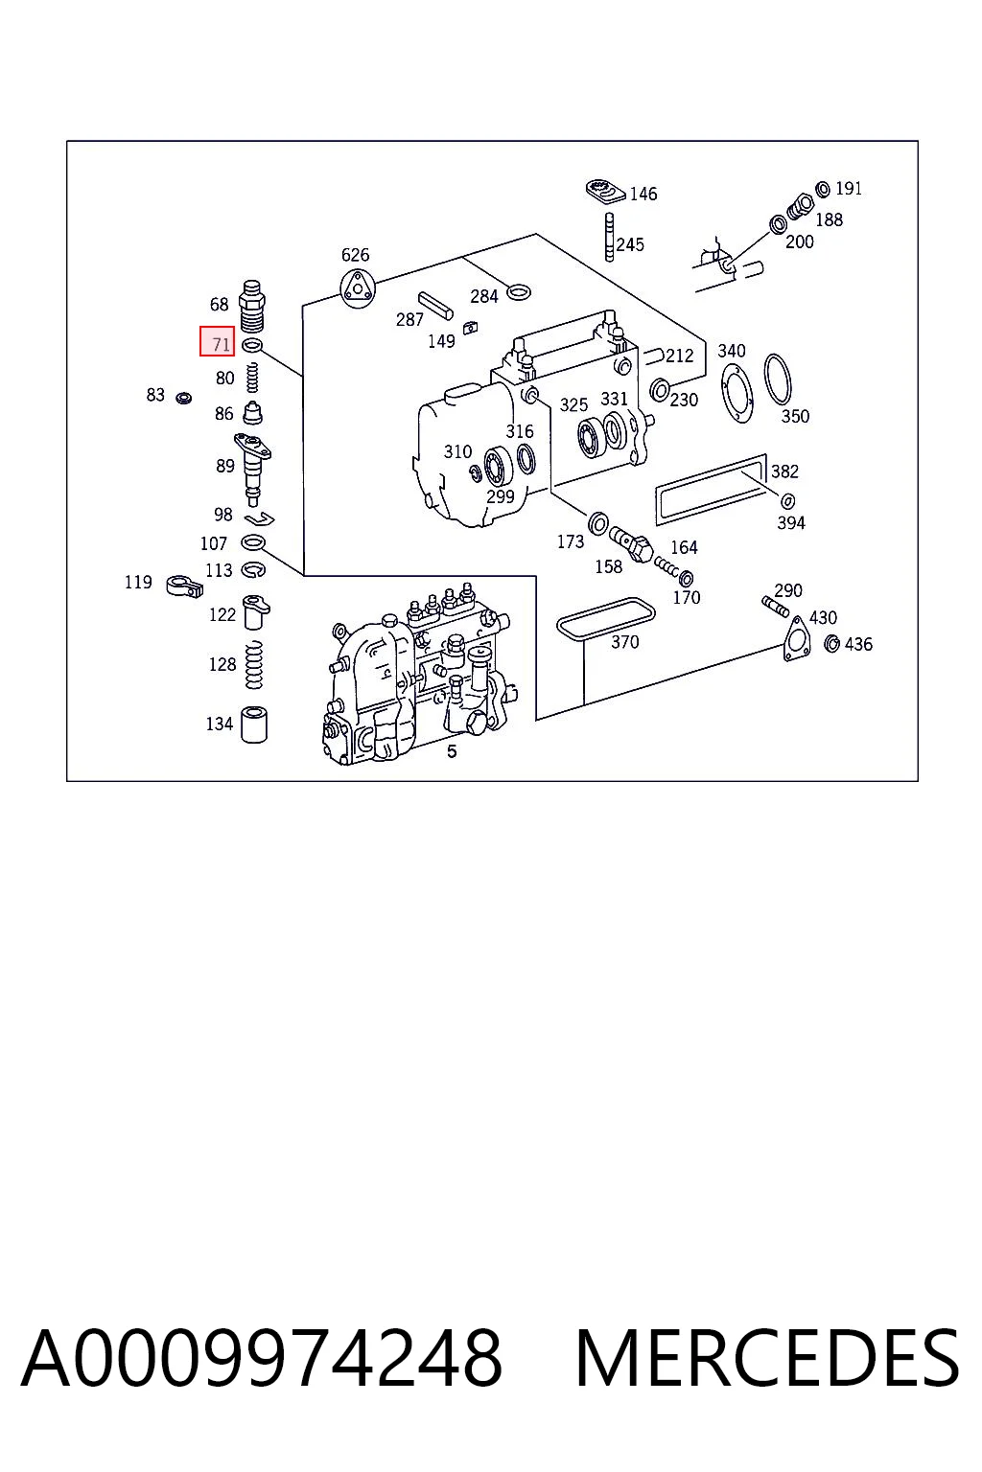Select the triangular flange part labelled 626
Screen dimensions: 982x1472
357,287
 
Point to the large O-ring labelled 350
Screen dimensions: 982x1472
778,379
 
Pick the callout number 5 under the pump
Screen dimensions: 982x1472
452,751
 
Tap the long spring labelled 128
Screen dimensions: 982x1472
254,664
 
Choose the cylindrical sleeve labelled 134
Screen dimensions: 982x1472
254,724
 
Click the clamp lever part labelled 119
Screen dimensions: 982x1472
183,585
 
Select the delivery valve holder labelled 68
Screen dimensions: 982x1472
252,306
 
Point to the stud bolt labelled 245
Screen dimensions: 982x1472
609,237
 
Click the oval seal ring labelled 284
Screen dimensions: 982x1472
518,290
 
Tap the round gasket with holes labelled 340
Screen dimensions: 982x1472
736,392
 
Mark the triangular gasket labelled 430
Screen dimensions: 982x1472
797,637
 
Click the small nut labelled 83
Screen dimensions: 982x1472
183,398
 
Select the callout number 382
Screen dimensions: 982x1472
784,471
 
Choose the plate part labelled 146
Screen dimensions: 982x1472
606,192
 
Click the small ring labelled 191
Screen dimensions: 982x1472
822,189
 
